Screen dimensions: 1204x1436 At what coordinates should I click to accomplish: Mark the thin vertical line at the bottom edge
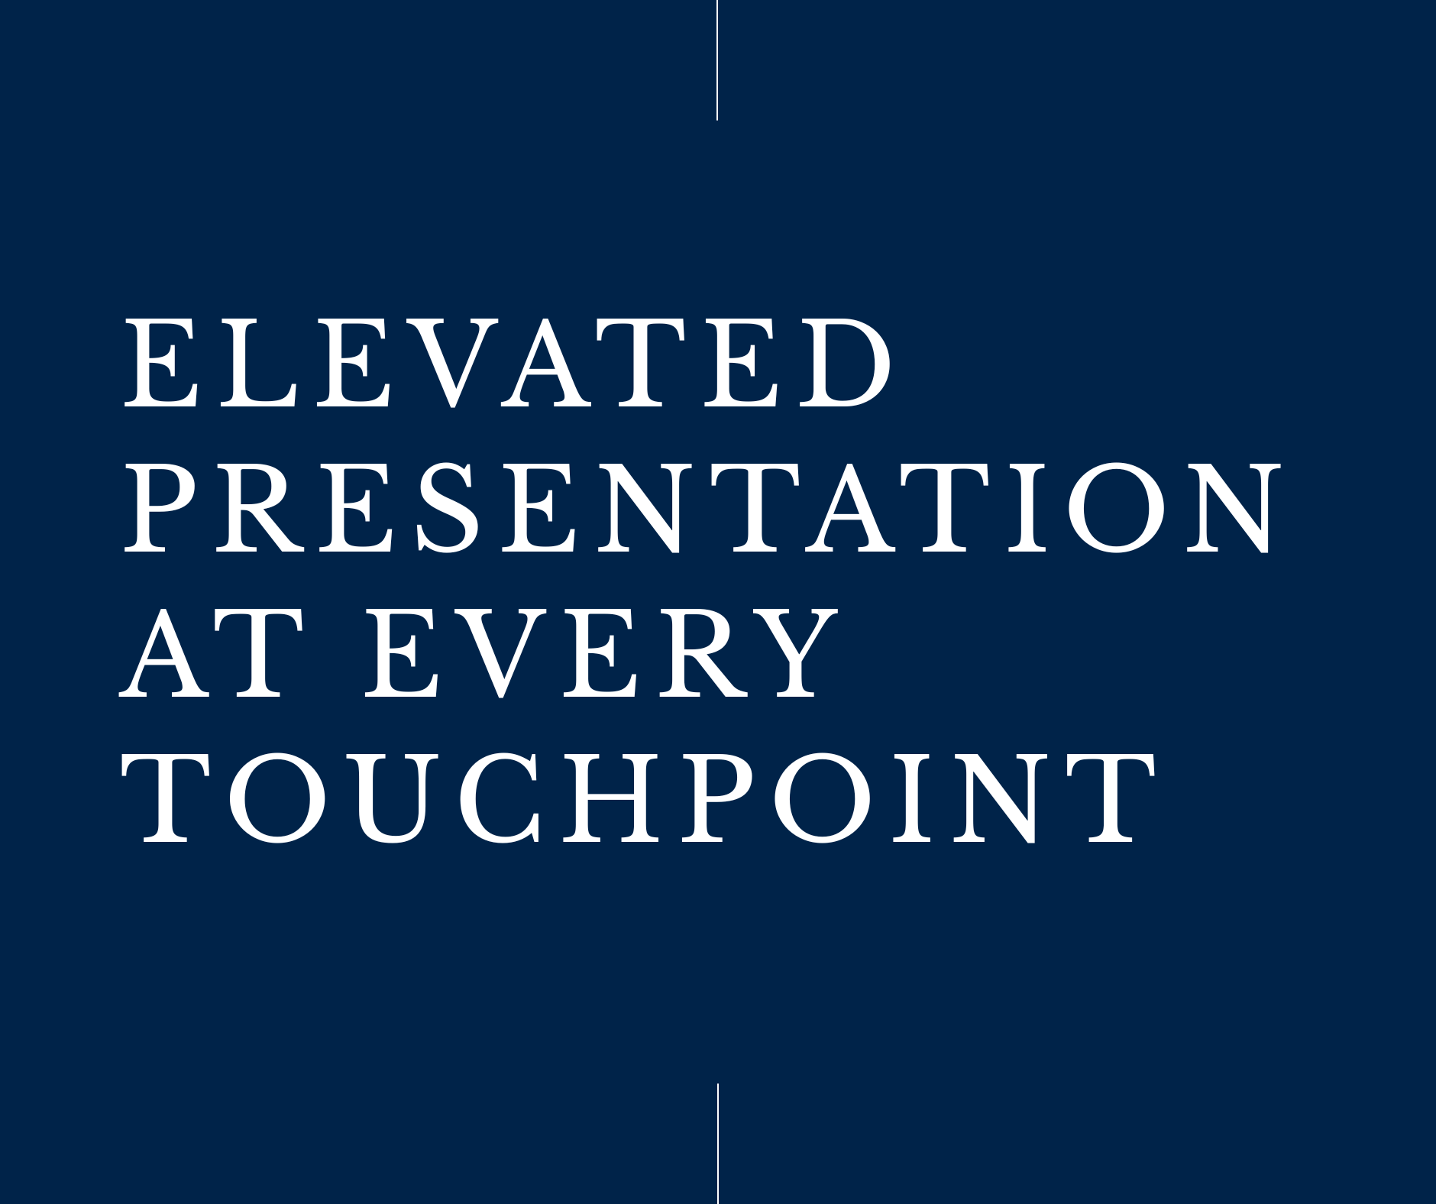(718, 1143)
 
